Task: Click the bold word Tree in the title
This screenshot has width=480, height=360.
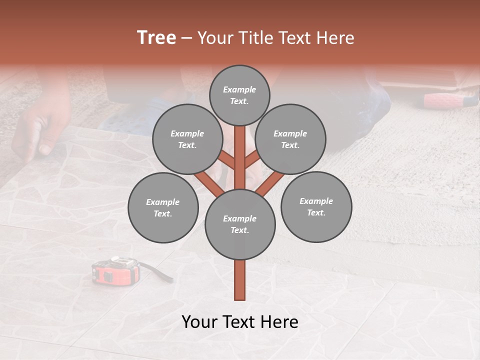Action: click(x=156, y=37)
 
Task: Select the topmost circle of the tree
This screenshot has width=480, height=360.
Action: click(x=239, y=95)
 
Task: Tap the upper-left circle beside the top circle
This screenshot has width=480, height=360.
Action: click(x=187, y=139)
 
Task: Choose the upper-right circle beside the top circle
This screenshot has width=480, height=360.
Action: click(x=290, y=139)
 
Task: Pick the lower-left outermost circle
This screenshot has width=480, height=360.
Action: click(x=163, y=208)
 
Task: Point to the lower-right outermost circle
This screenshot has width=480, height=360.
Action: click(x=316, y=207)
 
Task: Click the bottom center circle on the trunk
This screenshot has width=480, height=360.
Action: click(x=240, y=224)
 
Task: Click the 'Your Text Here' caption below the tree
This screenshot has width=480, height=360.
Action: click(x=240, y=322)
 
